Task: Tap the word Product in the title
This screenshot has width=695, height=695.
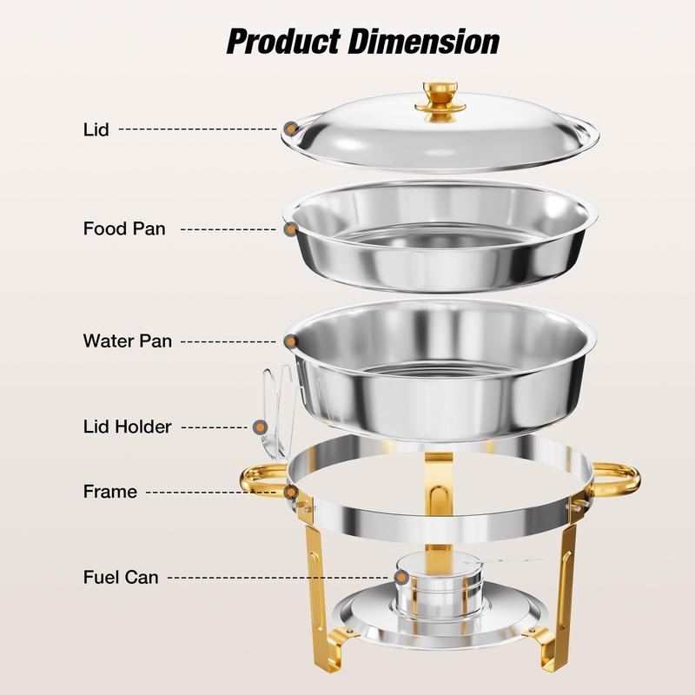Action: [x=284, y=42]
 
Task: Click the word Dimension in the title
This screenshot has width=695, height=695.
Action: [x=424, y=41]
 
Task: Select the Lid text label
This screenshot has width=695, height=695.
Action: [x=96, y=129]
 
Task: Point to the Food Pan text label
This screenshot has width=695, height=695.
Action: [x=124, y=228]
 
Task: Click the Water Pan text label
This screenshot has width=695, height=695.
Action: [x=128, y=341]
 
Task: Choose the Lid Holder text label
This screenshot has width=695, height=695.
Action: [x=127, y=427]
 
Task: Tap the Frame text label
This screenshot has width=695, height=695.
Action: [x=110, y=492]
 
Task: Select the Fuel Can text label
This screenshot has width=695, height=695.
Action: [x=121, y=577]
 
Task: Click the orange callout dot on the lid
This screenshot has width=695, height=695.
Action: [x=291, y=129]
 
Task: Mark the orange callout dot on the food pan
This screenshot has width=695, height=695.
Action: [x=290, y=229]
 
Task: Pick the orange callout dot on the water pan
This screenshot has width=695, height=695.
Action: [x=291, y=341]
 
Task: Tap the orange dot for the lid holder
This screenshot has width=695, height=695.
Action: [x=261, y=427]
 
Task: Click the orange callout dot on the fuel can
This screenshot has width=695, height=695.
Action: [x=401, y=577]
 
